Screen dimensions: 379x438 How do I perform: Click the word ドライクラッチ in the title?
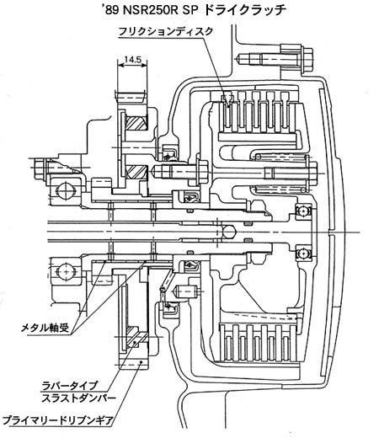(244, 10)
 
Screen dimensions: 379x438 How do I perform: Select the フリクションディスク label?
(166, 31)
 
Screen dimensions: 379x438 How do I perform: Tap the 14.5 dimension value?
(132, 59)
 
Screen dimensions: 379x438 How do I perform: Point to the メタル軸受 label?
(45, 328)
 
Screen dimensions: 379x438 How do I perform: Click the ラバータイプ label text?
(69, 385)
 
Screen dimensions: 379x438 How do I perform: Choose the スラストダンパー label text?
(78, 398)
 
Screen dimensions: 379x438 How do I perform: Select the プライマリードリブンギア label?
(57, 420)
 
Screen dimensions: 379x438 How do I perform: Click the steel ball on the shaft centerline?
(229, 232)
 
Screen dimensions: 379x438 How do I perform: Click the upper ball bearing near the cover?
(303, 211)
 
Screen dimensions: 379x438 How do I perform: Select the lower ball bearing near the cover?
(303, 254)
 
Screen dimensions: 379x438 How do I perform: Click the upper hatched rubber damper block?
(136, 123)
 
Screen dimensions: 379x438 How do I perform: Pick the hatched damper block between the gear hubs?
(136, 172)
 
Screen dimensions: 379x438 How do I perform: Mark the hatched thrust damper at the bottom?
(136, 339)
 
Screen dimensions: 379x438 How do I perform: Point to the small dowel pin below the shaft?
(186, 291)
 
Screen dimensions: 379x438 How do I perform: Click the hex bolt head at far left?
(40, 168)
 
